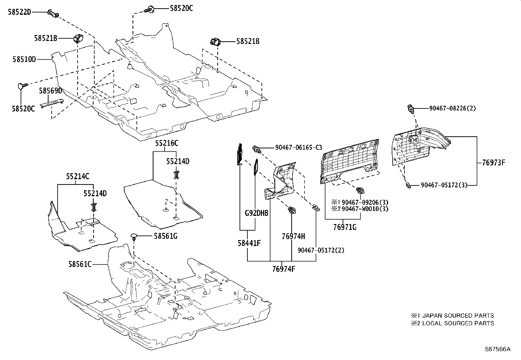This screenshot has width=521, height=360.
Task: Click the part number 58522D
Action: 20,12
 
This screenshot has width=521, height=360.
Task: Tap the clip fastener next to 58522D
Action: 53,13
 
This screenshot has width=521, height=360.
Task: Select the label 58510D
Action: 24,59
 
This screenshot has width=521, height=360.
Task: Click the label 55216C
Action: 167,143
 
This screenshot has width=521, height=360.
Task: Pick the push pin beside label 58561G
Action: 134,238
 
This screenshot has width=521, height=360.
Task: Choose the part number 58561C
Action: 80,264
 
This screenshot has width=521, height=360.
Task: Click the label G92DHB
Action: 257,213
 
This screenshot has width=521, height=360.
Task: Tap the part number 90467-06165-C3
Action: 299,147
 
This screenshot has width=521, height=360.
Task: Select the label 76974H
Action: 293,237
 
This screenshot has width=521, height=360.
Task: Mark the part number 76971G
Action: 345,227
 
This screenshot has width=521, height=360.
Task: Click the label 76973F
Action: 494,162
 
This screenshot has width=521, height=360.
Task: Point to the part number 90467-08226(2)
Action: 453,108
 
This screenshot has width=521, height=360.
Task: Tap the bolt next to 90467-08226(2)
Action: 411,109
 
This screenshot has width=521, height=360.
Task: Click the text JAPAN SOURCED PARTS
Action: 458,315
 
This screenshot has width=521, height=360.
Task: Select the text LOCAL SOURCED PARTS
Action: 458,323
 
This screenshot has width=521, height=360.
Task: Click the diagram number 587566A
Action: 498,349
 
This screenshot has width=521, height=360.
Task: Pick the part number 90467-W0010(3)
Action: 365,209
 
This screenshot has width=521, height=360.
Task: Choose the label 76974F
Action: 284,269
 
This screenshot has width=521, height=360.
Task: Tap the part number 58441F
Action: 249,243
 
